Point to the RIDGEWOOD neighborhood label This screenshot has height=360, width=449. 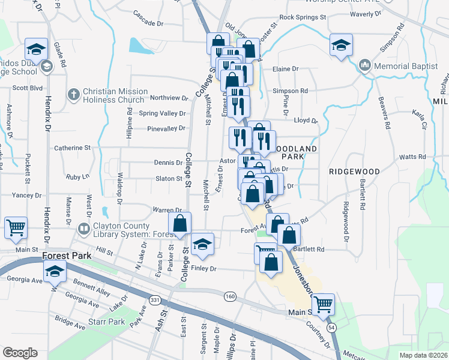354,172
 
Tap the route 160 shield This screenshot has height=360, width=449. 230,296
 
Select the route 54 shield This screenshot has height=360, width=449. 331,328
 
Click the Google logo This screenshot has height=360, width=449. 20,353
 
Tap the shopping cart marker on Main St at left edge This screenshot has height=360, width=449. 16,227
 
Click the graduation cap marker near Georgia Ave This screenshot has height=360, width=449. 55,273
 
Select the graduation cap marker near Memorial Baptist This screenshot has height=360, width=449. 341,45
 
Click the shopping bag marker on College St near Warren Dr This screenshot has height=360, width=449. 179,223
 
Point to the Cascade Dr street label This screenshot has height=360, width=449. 148,14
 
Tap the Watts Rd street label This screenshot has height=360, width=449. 412,157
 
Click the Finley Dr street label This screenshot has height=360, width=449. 203,269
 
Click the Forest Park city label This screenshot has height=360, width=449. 67,256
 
